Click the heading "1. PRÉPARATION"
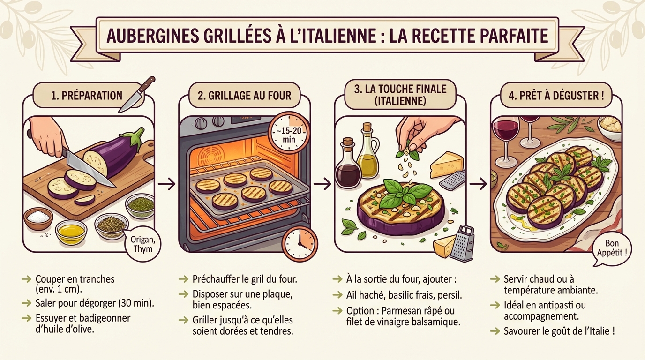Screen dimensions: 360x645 (87, 96)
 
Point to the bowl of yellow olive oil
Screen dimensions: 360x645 (71, 232)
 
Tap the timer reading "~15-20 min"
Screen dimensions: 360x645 (288, 132)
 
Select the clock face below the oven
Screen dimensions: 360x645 (300, 244)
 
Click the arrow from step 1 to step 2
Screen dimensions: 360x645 (166, 184)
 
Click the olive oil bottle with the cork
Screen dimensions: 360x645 (367, 152)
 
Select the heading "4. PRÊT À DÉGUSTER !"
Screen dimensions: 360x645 (555, 96)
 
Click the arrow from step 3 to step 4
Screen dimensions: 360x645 (478, 184)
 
